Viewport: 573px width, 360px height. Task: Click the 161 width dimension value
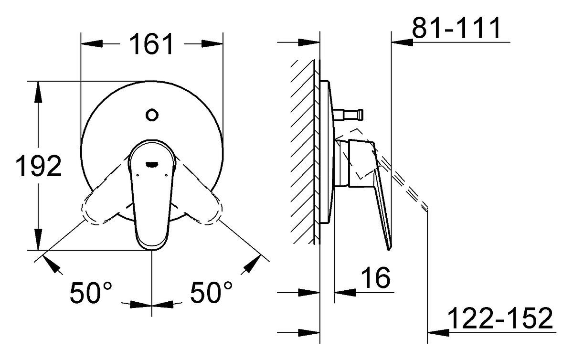click(151, 44)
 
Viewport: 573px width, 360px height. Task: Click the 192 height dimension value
click(38, 166)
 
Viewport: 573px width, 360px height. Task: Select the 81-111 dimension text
click(456, 28)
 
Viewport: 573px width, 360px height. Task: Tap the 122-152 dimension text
click(500, 318)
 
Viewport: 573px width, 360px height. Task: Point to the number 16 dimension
click(376, 277)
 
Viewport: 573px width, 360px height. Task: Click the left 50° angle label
click(91, 293)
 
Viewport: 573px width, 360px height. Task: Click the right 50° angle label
click(211, 293)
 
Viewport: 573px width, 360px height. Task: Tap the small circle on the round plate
click(152, 115)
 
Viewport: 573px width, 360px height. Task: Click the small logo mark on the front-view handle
click(152, 164)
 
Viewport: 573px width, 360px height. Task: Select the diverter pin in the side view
click(349, 115)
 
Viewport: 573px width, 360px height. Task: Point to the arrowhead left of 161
click(92, 44)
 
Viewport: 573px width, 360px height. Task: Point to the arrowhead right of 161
click(212, 44)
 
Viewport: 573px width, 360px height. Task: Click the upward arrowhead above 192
click(38, 92)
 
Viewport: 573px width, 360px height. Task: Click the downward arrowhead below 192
click(38, 239)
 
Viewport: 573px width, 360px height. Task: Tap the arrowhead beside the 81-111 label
click(403, 42)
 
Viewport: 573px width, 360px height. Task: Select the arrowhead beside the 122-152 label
click(438, 333)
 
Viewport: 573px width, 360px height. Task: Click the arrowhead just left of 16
click(345, 292)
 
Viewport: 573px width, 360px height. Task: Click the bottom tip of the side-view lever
click(389, 250)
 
